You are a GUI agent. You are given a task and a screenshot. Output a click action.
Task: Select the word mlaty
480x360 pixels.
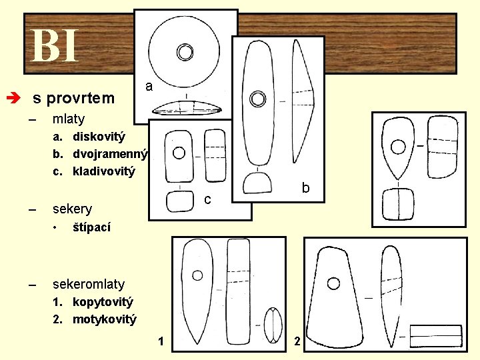tap(69, 119)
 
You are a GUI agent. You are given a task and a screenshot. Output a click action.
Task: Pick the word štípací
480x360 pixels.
tap(92, 227)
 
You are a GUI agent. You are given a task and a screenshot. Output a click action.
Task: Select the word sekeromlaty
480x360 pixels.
tap(88, 284)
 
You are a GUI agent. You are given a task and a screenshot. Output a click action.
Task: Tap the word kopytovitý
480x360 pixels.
tap(103, 302)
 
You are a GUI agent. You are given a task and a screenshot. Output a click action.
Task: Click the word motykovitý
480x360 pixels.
tap(104, 319)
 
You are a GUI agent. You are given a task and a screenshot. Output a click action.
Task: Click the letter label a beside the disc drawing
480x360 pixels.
tap(149, 87)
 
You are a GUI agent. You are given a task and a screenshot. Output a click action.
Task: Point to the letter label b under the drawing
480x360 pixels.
tap(305, 188)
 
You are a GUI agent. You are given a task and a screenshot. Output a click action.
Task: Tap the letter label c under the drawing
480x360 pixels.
tap(207, 199)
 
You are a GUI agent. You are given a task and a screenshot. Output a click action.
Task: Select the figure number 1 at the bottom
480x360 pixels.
tap(161, 342)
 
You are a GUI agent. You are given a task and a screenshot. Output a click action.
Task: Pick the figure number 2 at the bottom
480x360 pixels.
tap(297, 342)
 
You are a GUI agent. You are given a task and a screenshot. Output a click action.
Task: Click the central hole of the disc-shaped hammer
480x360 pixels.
tap(185, 51)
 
